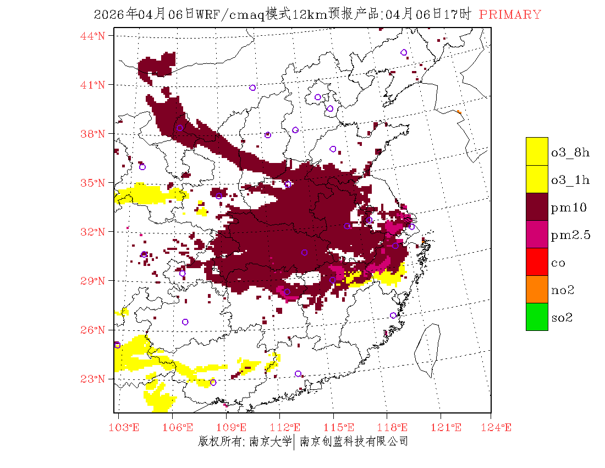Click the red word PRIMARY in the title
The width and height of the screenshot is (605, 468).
[x=510, y=15]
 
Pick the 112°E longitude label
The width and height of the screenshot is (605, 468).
[x=289, y=427]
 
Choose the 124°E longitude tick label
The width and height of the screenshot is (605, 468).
[x=500, y=427]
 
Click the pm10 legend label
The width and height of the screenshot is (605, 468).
[x=569, y=208]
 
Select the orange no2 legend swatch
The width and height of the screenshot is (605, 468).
[x=537, y=289]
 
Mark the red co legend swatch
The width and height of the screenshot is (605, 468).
[x=537, y=262]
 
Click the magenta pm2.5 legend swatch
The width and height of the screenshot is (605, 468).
[x=537, y=234]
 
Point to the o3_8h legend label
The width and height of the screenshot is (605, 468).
[x=570, y=153]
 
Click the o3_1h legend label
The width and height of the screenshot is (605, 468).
[x=570, y=180]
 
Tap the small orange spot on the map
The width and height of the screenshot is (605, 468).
[x=459, y=112]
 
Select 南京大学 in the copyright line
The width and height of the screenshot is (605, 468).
[x=269, y=441]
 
